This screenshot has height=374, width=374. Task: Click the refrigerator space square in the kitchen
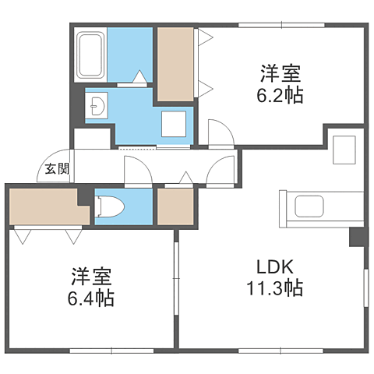tap(343, 148)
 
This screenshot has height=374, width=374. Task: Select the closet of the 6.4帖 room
tap(43, 206)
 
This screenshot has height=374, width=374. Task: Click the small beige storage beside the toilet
tap(175, 206)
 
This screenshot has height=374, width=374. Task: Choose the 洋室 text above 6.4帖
tap(91, 277)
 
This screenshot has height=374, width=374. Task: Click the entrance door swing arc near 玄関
tap(65, 153)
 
